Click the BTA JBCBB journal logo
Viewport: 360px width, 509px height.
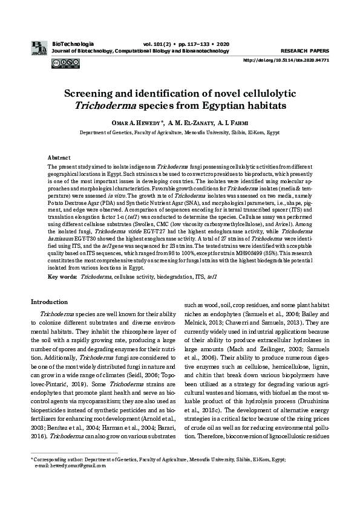click(x=38, y=48)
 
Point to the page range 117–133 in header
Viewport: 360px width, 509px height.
click(x=192, y=45)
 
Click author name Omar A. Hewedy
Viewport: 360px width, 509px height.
click(x=139, y=123)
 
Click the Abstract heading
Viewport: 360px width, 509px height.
click(x=59, y=157)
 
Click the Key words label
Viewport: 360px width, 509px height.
click(x=62, y=276)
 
